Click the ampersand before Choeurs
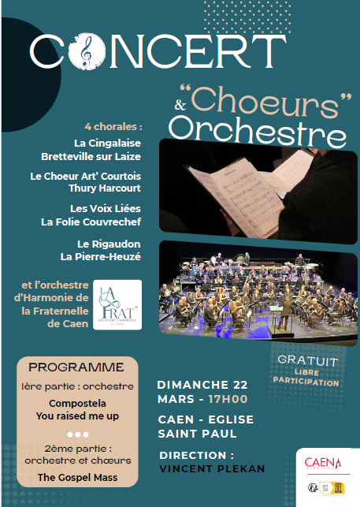click(x=180, y=104)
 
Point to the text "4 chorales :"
click(x=114, y=126)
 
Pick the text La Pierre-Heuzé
click(x=101, y=256)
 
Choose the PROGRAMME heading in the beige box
click(x=76, y=367)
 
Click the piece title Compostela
click(x=76, y=401)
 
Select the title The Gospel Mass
click(x=76, y=477)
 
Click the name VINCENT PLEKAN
click(x=212, y=468)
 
